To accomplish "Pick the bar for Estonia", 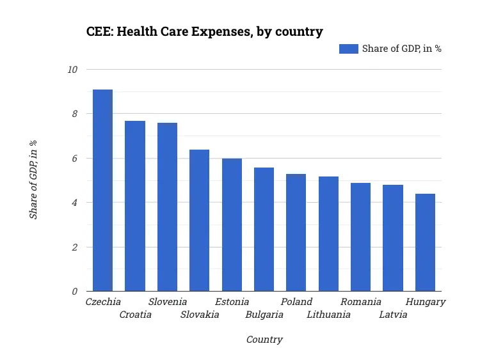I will (x=232, y=225).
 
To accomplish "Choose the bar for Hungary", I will (x=425, y=243).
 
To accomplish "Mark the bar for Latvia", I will (x=393, y=239).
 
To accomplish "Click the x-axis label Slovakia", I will (x=200, y=315).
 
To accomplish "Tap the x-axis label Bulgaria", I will (x=264, y=315).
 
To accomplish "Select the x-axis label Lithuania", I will (x=328, y=315).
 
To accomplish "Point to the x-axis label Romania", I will (x=361, y=302).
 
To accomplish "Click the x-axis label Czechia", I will (x=103, y=302).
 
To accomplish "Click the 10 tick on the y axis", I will (x=72, y=70).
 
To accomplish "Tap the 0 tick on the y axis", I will (x=75, y=292).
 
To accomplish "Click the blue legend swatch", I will (x=348, y=49).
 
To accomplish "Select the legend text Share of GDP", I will (x=402, y=49).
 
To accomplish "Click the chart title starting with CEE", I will (x=205, y=31).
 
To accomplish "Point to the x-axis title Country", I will (x=264, y=340).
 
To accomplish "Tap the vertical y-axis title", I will (x=33, y=180).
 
